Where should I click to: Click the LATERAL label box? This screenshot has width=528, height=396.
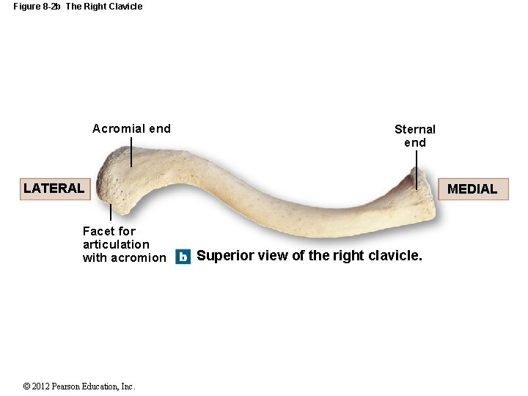54,188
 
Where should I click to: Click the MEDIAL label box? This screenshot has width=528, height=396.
472,189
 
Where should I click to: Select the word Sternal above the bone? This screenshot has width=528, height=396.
415,130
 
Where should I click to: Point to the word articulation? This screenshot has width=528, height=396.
116,244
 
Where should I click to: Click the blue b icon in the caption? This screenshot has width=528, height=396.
183,257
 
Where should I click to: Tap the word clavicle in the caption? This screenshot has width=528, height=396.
397,256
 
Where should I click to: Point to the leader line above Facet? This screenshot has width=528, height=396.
110,213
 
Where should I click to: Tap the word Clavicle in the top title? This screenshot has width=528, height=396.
125,7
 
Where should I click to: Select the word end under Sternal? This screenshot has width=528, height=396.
415,142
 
